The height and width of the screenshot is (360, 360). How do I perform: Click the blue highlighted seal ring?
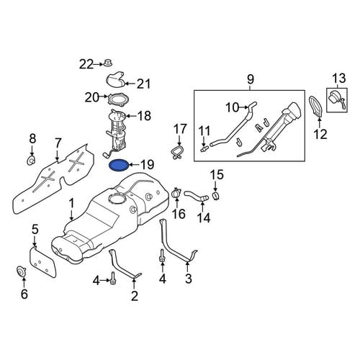[119, 166]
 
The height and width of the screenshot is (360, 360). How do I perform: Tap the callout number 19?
[147, 165]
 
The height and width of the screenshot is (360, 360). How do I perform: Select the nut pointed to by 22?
[108, 63]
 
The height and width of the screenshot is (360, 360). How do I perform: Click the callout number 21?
[143, 84]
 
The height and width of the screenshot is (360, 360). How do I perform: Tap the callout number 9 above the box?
[250, 79]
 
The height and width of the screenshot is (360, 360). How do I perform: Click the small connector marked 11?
[204, 150]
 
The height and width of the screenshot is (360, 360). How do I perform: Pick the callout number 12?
[320, 134]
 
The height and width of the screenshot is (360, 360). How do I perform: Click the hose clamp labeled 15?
[216, 196]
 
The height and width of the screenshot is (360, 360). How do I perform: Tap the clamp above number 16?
[176, 193]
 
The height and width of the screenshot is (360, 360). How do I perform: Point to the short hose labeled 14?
[197, 195]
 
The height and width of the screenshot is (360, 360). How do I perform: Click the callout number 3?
[189, 279]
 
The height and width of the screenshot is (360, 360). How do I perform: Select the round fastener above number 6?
[21, 272]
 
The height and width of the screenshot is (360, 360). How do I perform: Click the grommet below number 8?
[31, 161]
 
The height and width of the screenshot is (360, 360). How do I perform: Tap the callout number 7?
[58, 143]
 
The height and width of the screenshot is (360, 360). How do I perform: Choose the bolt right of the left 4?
[112, 281]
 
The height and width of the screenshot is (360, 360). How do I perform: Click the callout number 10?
[233, 107]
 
